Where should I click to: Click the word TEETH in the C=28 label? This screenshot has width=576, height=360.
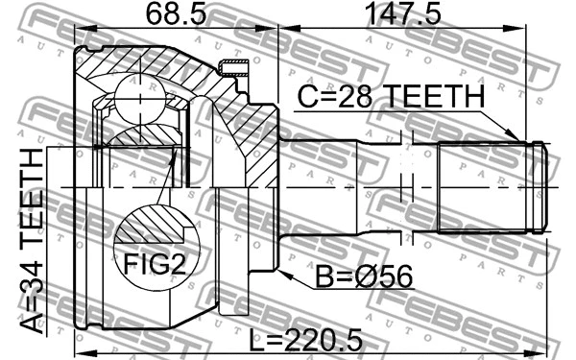(x=434, y=98)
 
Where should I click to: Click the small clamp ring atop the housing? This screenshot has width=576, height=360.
(x=232, y=67)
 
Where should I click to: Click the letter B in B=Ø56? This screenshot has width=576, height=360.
(x=326, y=276)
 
